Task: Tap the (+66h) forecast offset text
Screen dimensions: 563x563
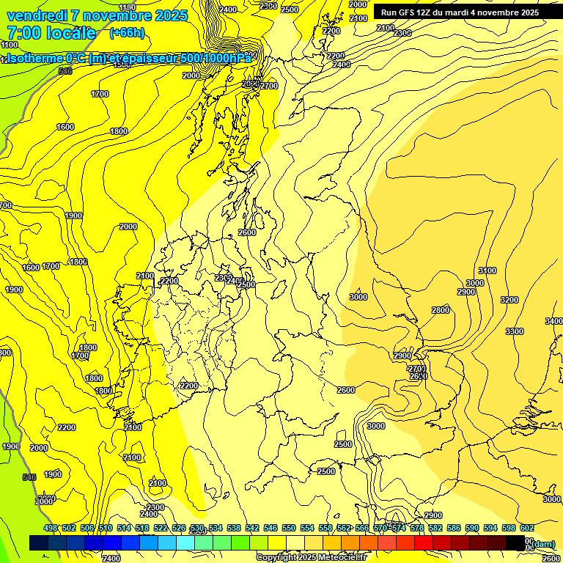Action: pyautogui.click(x=127, y=33)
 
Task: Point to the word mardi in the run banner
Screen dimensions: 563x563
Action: pyautogui.click(x=465, y=12)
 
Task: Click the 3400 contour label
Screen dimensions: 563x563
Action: pyautogui.click(x=553, y=322)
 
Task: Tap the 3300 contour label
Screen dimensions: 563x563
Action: pyautogui.click(x=515, y=331)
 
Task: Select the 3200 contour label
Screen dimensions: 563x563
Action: pyautogui.click(x=509, y=300)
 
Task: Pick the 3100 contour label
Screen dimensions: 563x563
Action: pyautogui.click(x=487, y=271)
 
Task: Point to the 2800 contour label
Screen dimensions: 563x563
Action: pyautogui.click(x=440, y=310)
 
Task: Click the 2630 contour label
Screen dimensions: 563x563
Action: pyautogui.click(x=418, y=377)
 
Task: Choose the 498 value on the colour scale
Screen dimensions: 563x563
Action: pyautogui.click(x=51, y=528)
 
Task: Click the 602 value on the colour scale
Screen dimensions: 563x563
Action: pyautogui.click(x=526, y=528)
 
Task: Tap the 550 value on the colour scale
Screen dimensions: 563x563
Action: pyautogui.click(x=289, y=528)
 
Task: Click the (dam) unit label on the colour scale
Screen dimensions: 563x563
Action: pyautogui.click(x=543, y=543)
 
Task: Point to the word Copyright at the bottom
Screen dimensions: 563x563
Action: pyautogui.click(x=277, y=558)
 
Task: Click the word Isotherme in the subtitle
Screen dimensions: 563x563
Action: pyautogui.click(x=34, y=58)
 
